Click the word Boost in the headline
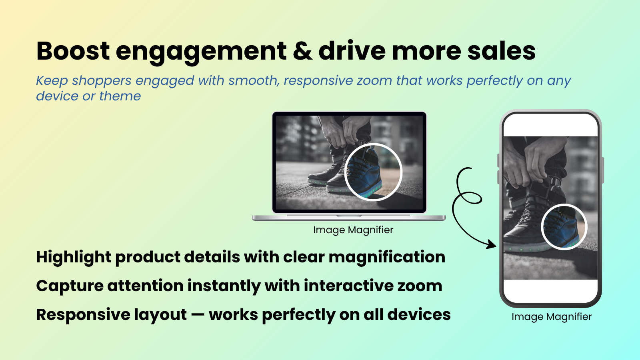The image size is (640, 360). click(x=73, y=51)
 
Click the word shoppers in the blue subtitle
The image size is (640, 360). click(x=102, y=80)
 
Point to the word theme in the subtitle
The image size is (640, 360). click(x=120, y=96)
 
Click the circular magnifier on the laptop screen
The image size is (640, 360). click(x=373, y=172)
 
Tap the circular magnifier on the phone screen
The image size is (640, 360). click(x=564, y=226)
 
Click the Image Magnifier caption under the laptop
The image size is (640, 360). click(x=353, y=230)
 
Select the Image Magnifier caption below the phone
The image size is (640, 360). click(x=551, y=317)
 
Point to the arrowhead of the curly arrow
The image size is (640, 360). click(x=493, y=244)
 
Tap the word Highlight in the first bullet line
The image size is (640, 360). click(x=74, y=257)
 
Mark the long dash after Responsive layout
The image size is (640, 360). click(x=198, y=315)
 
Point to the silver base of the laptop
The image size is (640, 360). click(x=348, y=218)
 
